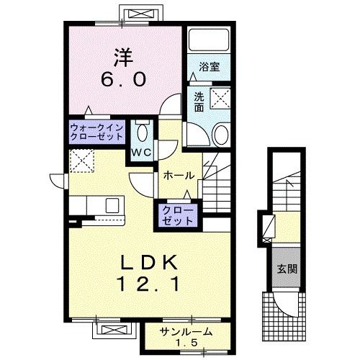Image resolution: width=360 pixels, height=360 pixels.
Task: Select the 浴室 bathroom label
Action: click(x=210, y=66)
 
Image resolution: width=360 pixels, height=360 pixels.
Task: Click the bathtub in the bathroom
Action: click(x=207, y=40)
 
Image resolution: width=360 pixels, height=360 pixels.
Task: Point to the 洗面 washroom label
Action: click(x=199, y=103)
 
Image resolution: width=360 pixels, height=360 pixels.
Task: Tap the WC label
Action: click(x=140, y=153)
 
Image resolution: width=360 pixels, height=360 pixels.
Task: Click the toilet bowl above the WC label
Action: click(x=141, y=133)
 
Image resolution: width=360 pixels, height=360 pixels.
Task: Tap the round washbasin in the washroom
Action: click(x=221, y=133)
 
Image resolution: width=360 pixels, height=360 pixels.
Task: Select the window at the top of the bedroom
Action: click(x=120, y=15)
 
